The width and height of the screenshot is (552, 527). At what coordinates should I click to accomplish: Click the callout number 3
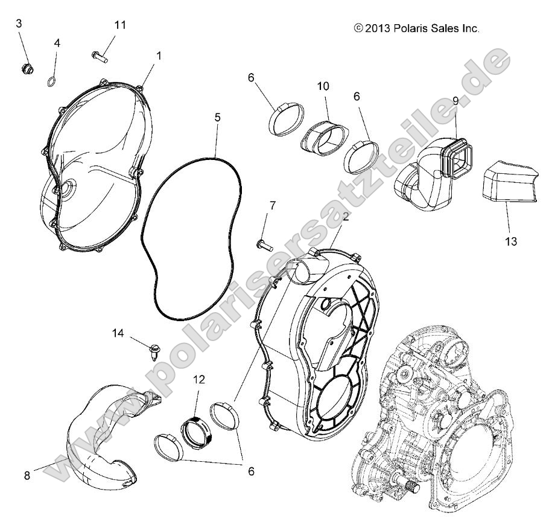point(19,24)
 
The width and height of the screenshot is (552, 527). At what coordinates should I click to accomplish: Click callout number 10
point(323,86)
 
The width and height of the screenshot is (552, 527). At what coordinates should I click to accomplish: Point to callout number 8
point(27,475)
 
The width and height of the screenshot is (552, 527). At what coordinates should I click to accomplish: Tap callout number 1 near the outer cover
point(159,55)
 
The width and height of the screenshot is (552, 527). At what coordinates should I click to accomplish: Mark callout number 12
point(199,380)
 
